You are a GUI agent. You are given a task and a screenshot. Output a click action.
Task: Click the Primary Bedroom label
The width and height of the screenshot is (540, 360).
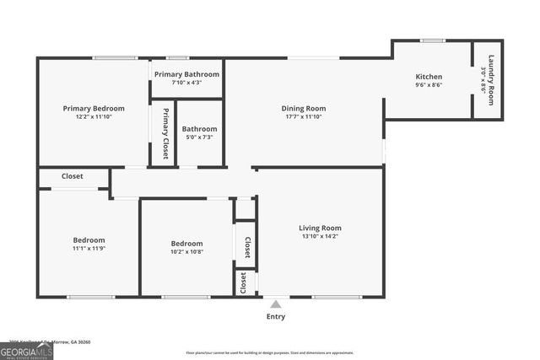click(94, 108)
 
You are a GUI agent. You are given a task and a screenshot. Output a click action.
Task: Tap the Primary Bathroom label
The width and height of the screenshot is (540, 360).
click(186, 74)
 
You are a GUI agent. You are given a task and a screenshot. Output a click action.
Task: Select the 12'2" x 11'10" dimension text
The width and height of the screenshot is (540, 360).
click(94, 117)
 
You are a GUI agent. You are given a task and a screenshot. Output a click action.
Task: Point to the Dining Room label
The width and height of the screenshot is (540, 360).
click(303, 108)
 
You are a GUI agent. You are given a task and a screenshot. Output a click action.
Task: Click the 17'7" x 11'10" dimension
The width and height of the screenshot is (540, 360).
click(303, 116)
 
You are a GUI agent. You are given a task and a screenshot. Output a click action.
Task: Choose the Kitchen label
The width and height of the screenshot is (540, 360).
click(429, 76)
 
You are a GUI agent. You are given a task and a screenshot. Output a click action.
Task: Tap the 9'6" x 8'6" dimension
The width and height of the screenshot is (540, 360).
click(429, 84)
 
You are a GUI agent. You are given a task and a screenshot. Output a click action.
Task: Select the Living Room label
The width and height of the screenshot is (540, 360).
click(320, 228)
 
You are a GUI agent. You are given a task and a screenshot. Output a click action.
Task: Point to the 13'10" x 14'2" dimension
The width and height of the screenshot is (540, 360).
click(320, 237)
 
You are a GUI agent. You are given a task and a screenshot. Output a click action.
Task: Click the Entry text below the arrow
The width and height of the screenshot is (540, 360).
click(276, 317)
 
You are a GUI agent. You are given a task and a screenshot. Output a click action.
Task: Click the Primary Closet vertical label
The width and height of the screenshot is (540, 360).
click(165, 133)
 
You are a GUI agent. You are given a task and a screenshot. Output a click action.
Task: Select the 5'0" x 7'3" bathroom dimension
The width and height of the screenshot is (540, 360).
click(199, 137)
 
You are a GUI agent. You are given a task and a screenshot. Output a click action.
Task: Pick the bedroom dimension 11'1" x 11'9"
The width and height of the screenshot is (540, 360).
click(89, 250)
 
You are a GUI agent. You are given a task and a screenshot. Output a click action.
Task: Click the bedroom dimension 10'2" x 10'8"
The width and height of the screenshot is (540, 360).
click(186, 251)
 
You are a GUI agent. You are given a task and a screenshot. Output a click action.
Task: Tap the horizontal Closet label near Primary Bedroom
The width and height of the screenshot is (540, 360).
click(73, 177)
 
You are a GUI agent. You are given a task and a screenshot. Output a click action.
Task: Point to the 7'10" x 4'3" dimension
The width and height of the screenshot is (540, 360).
click(186, 83)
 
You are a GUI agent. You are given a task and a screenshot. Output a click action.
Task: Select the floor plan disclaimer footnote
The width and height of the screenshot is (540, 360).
click(269, 352)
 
